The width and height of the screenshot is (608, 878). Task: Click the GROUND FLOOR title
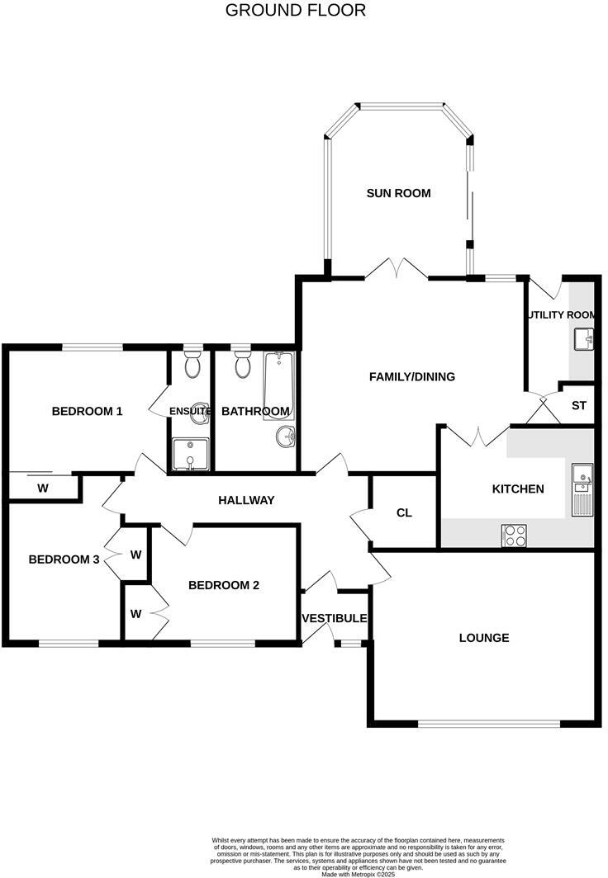click(x=295, y=11)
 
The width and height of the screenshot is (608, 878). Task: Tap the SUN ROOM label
click(x=399, y=193)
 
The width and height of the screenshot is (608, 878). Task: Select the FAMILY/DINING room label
click(x=411, y=377)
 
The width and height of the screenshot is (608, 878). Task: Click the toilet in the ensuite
click(x=192, y=364)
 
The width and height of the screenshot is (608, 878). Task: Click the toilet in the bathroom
click(x=243, y=364)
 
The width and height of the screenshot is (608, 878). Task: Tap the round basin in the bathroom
click(x=285, y=437)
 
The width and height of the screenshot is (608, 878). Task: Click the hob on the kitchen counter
click(x=515, y=536)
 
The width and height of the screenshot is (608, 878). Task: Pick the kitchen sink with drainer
click(x=582, y=488)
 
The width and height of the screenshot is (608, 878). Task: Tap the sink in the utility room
click(x=585, y=338)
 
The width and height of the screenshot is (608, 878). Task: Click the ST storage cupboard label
click(x=578, y=406)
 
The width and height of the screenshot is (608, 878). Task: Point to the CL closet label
click(x=404, y=512)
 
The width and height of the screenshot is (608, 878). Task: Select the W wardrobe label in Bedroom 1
click(x=42, y=488)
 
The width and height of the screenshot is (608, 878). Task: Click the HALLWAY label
click(x=246, y=500)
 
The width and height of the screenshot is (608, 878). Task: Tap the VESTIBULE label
click(x=335, y=618)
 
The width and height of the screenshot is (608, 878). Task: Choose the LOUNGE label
click(x=484, y=638)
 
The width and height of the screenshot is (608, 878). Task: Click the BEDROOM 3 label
click(x=64, y=559)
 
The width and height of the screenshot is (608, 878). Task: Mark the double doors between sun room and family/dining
click(x=396, y=268)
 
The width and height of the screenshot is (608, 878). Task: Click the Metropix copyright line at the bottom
click(x=358, y=873)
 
